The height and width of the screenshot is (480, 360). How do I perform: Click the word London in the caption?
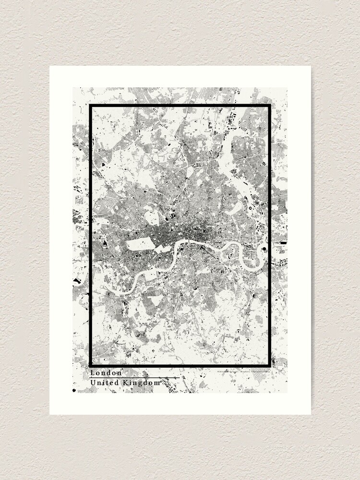(x=106, y=372)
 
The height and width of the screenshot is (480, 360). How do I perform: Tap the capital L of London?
(x=92, y=372)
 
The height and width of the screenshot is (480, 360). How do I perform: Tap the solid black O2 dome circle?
(x=264, y=249)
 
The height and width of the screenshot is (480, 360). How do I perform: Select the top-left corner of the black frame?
(x=90, y=105)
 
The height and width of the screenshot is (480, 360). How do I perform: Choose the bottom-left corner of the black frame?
(x=90, y=366)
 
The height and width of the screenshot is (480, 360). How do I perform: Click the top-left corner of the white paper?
(x=50, y=66)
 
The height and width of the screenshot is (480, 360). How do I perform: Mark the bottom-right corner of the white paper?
(x=311, y=414)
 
